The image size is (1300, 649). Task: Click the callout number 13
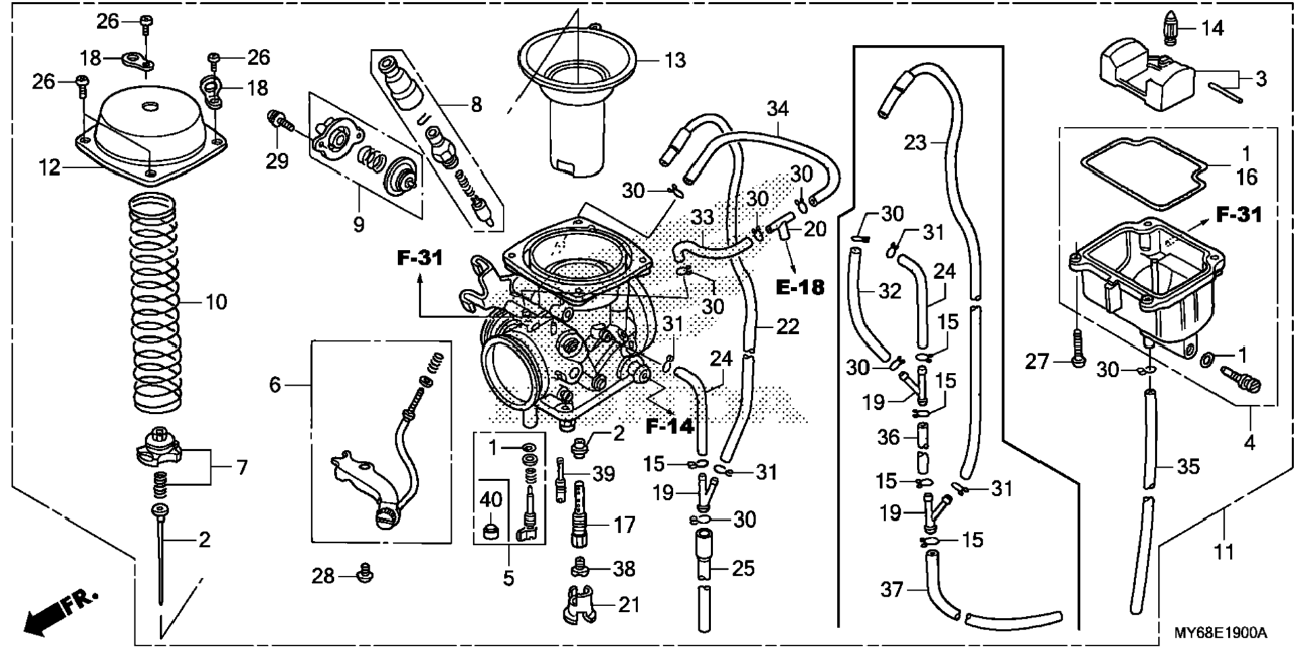point(675,60)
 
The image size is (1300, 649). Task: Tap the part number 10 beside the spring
point(216,302)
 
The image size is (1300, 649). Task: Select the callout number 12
point(49,167)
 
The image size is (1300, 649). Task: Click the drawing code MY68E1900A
point(1220,633)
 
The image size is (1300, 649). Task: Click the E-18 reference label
point(800,287)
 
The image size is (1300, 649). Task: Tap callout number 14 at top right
point(1213,28)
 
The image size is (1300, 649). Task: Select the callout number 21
point(628,605)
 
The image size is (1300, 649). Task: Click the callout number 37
point(893,591)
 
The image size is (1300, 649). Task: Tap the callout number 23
point(916,142)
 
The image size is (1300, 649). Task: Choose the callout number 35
point(1188,466)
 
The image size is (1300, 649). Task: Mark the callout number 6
point(275,385)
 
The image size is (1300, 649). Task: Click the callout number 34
point(778,109)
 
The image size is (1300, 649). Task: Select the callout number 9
point(358,224)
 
